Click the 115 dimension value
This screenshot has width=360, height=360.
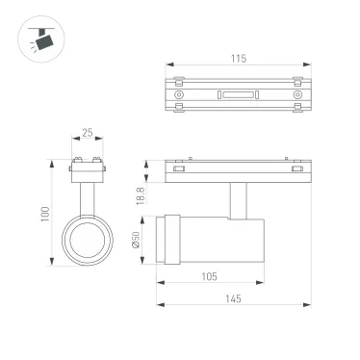(238, 59)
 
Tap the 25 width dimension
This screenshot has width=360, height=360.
(87, 134)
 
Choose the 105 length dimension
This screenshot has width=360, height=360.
(210, 277)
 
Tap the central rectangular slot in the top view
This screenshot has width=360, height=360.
(238, 94)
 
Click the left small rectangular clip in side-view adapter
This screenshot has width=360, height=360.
(178, 169)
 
